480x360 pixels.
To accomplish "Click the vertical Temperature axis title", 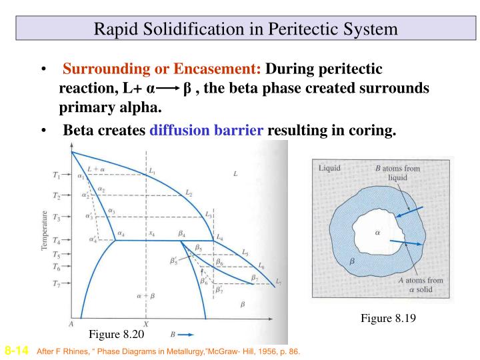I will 44,231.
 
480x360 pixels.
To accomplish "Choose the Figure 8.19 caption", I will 388,319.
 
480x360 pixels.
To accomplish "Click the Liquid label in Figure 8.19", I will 329,168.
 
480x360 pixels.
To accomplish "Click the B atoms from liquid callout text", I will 397,173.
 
